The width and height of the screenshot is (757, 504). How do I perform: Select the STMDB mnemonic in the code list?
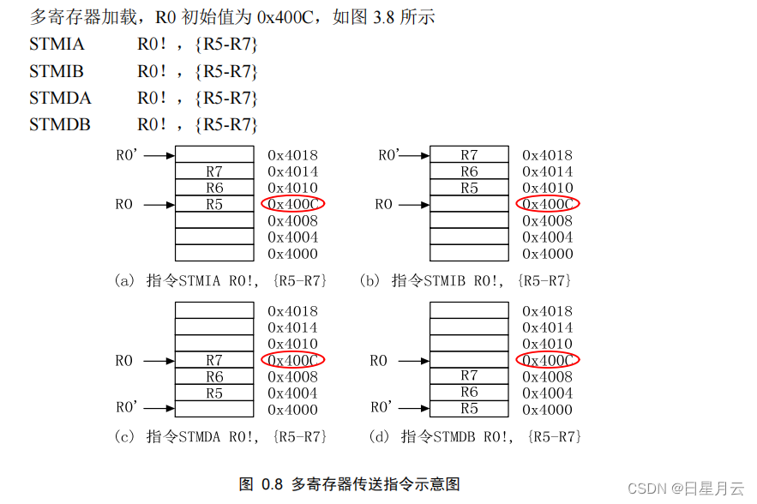[x=60, y=125]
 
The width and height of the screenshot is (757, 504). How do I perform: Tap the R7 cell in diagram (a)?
[x=214, y=171]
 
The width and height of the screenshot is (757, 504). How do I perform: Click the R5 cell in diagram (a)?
[x=214, y=204]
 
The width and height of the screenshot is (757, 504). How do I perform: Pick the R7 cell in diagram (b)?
[x=469, y=155]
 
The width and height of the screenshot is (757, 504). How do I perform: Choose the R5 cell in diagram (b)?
[x=469, y=188]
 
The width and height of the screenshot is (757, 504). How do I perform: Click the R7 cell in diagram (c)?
[x=214, y=361]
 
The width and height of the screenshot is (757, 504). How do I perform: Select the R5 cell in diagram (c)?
[x=214, y=393]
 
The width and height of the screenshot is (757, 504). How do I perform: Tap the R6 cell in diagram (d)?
[x=469, y=393]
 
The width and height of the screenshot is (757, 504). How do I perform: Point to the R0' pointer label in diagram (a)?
[x=126, y=156]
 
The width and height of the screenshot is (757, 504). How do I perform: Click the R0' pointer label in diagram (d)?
[x=382, y=408]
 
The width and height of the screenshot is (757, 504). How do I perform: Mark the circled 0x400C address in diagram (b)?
[x=548, y=204]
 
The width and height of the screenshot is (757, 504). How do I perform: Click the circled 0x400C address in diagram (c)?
[x=292, y=361]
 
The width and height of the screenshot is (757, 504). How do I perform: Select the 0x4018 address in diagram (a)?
[x=292, y=155]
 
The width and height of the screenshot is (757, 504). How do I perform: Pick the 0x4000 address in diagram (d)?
[x=548, y=410]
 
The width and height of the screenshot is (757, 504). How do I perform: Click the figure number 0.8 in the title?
[x=273, y=483]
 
